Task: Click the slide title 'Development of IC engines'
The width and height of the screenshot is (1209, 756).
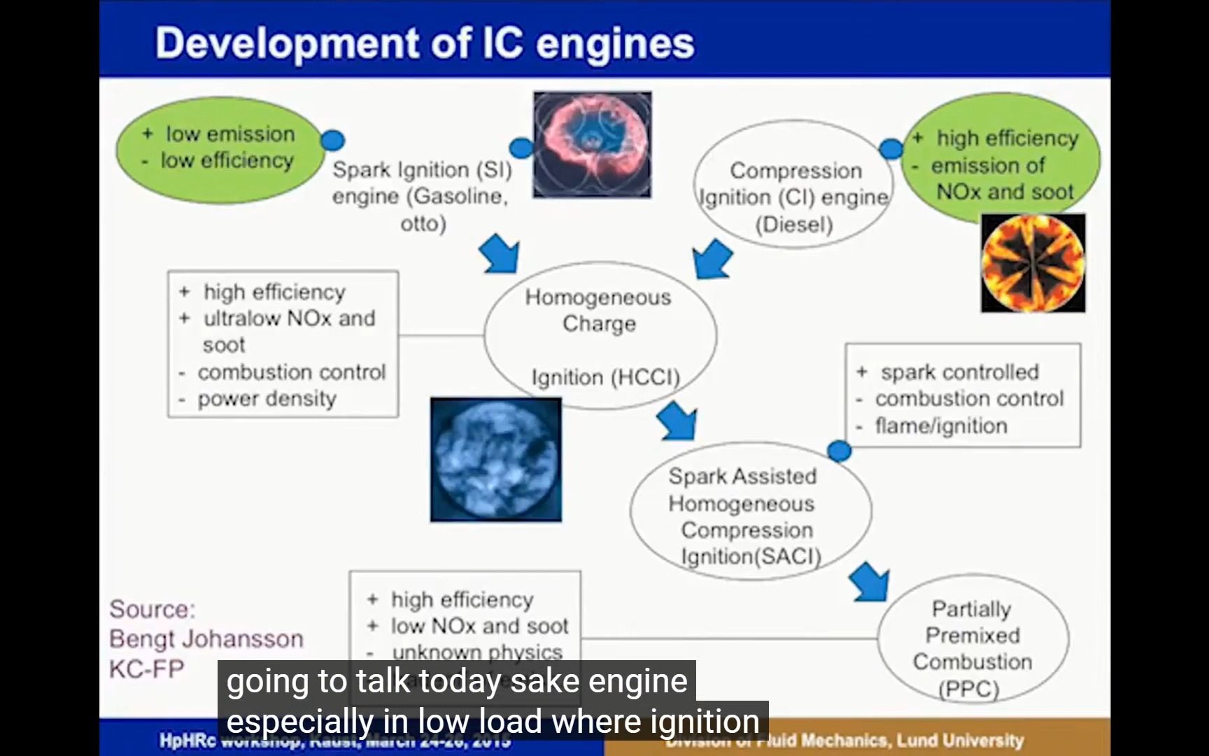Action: tap(425, 43)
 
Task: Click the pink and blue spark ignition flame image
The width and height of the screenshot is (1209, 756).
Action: tap(592, 145)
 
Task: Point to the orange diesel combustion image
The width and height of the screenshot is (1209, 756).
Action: tap(1033, 263)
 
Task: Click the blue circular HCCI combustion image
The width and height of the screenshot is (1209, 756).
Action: tap(495, 459)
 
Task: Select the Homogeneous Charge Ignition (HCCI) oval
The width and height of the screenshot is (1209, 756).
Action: tap(600, 336)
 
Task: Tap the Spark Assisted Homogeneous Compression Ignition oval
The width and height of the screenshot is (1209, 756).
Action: tap(749, 515)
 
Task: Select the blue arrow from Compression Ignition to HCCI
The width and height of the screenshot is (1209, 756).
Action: tap(712, 258)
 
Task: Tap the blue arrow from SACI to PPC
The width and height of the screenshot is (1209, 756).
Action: tap(870, 582)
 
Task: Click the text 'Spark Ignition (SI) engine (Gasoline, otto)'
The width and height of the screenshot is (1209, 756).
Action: tap(422, 196)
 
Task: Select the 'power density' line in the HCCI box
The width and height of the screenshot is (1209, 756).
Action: tap(267, 399)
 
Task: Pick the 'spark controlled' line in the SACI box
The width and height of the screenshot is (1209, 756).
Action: tap(959, 372)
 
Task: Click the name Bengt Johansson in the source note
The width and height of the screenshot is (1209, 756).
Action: tap(206, 638)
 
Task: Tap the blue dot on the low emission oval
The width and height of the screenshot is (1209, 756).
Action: tap(332, 140)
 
